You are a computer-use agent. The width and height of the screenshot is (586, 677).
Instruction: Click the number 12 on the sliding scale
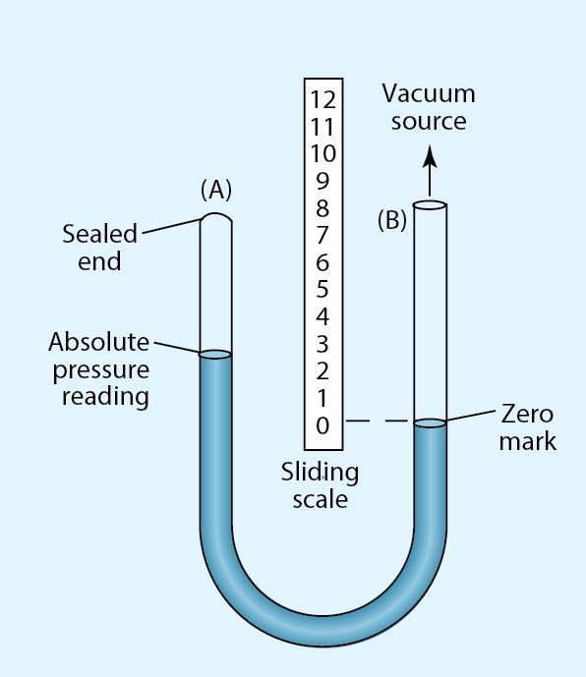coord(322,98)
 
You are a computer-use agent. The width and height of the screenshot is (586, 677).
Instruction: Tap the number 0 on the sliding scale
coord(322,425)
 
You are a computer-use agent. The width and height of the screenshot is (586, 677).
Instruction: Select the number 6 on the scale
coord(322,262)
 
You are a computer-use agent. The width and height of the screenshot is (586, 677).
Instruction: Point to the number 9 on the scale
coord(322,181)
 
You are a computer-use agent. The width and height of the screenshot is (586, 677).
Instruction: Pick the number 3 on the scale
coord(322,344)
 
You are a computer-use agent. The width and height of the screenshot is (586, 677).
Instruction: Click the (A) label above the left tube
coord(215,187)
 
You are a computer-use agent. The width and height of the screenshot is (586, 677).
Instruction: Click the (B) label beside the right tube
coord(392,220)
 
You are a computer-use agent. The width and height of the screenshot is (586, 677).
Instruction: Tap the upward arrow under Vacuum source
coord(429,167)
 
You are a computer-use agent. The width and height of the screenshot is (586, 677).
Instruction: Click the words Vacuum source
coord(428,107)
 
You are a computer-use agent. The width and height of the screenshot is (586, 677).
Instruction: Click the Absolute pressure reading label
coord(98,369)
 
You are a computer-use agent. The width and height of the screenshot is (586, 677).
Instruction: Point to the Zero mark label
coord(528,426)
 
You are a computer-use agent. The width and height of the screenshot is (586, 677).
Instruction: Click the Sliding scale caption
coord(321,485)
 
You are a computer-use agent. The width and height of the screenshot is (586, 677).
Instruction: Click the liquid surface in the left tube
coord(215,355)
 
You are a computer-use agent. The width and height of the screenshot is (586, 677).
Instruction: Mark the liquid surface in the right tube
coord(430,423)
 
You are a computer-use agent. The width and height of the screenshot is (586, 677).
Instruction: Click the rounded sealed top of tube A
coord(215,221)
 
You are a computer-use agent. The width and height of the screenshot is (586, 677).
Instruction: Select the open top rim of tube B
coord(430,205)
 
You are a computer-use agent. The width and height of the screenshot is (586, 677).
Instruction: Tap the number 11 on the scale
coord(322,126)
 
